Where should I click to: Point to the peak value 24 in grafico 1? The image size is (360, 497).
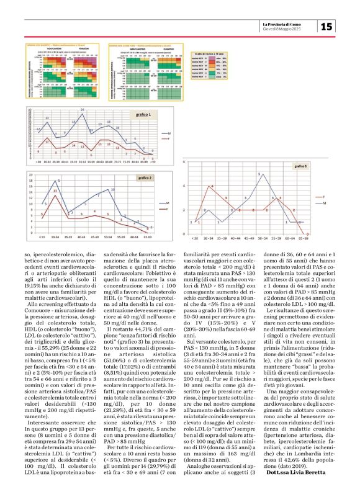click(x=82, y=110)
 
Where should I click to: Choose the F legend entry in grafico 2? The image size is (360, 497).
click(x=166, y=209)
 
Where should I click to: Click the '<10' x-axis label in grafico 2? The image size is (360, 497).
click(x=42, y=236)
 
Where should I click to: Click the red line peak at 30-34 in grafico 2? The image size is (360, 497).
click(x=55, y=190)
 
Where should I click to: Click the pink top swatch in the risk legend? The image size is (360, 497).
click(x=218, y=60)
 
